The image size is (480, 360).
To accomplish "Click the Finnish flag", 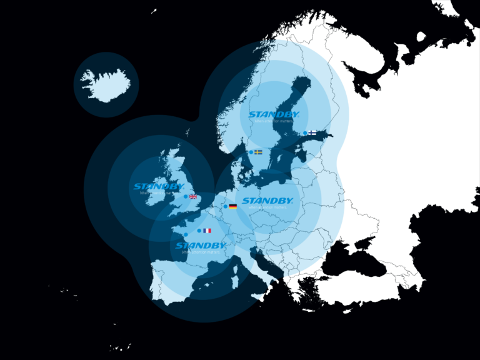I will (312, 132).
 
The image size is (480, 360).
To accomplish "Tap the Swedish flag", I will (258, 152).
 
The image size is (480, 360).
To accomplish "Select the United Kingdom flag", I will (193, 197).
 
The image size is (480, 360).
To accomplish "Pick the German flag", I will (233, 206).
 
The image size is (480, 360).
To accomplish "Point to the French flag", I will (207, 231).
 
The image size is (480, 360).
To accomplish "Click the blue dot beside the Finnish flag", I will (305, 133).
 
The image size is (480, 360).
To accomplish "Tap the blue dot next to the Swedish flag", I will (251, 152).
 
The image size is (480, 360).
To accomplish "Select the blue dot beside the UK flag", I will (186, 197).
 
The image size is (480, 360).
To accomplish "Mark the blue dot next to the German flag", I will (226, 206).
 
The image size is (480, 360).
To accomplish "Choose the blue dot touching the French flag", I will (199, 231).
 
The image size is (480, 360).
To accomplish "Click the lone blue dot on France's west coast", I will (186, 234).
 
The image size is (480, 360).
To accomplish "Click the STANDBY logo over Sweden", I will (274, 114).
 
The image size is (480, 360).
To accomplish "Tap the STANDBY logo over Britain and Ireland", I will (159, 186).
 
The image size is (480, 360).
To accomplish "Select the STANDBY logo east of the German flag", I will (267, 201).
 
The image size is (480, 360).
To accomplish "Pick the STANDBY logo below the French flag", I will (201, 246).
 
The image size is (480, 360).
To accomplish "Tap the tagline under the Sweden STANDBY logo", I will (274, 121).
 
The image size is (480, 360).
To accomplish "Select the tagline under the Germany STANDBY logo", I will (267, 207).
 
